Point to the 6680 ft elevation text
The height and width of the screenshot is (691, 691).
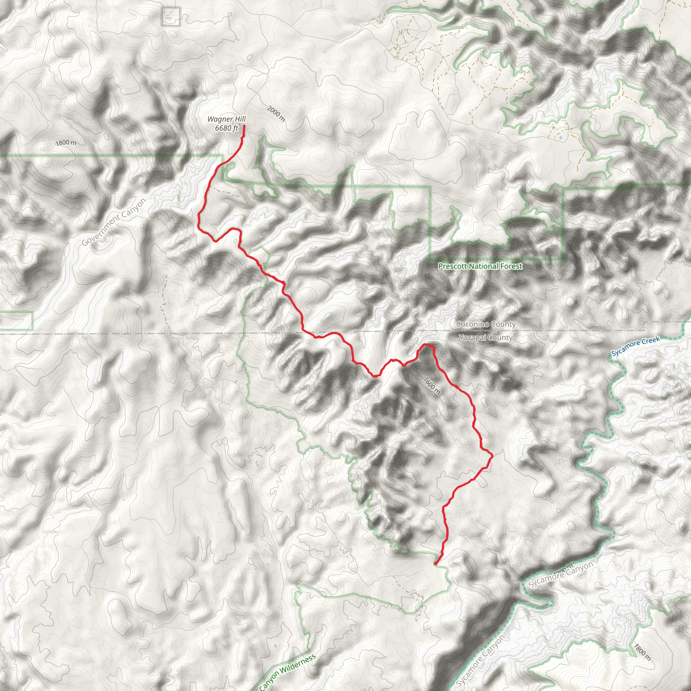(x=226, y=128)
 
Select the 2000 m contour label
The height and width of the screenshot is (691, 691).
(x=276, y=114)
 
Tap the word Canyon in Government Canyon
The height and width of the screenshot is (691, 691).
(x=133, y=209)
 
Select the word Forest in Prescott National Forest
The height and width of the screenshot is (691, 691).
(x=512, y=266)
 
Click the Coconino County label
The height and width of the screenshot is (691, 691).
(x=486, y=324)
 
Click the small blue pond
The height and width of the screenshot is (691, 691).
(x=560, y=137)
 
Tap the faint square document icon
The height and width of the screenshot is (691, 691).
(x=171, y=16)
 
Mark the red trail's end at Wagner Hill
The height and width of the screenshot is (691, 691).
(x=244, y=126)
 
